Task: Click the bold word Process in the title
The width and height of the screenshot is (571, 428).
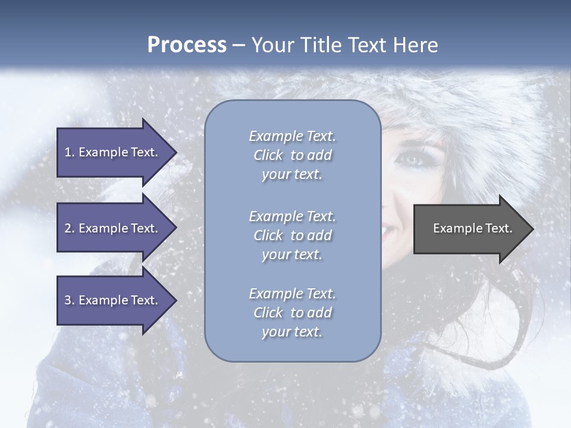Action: (187, 45)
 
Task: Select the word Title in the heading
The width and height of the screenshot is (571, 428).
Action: (319, 45)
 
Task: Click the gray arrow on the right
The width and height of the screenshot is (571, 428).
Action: (470, 229)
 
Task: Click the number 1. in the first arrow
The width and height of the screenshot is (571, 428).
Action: (70, 152)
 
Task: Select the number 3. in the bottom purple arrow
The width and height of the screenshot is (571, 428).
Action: (70, 300)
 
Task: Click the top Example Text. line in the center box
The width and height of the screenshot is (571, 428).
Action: (292, 136)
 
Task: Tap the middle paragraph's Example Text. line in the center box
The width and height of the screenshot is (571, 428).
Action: (292, 216)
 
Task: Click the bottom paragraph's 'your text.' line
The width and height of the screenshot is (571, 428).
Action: (292, 332)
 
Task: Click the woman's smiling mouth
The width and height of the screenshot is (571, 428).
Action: (393, 228)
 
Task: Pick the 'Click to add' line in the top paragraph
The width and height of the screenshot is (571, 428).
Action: (292, 156)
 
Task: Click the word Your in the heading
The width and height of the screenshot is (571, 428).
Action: (270, 45)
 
